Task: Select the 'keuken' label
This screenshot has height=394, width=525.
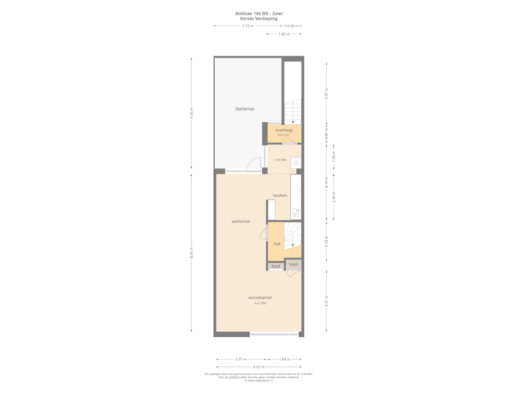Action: click(280, 196)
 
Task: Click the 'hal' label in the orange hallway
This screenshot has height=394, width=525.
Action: click(277, 244)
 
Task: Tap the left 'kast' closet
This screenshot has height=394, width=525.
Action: click(276, 266)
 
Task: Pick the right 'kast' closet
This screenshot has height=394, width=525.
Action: click(293, 263)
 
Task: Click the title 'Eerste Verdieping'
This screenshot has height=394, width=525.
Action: click(262, 18)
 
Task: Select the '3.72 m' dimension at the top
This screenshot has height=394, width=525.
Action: click(247, 26)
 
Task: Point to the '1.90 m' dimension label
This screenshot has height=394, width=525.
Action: click(284, 34)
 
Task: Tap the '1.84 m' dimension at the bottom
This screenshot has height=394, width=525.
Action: click(284, 360)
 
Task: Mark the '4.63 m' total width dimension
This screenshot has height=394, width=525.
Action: click(258, 367)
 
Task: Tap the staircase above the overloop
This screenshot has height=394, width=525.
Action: click(292, 109)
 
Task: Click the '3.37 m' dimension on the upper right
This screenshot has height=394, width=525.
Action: click(327, 93)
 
